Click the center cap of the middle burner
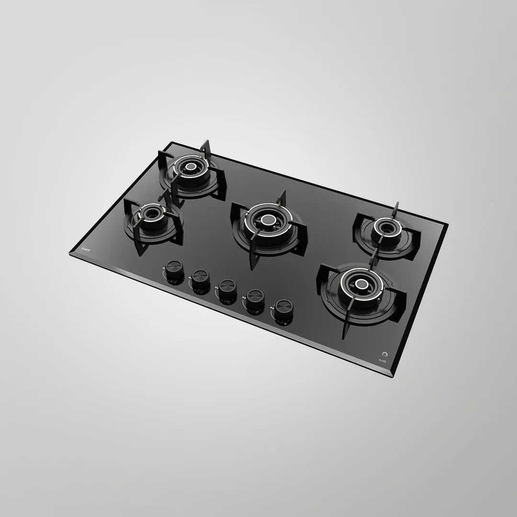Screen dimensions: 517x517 [x=266, y=221]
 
